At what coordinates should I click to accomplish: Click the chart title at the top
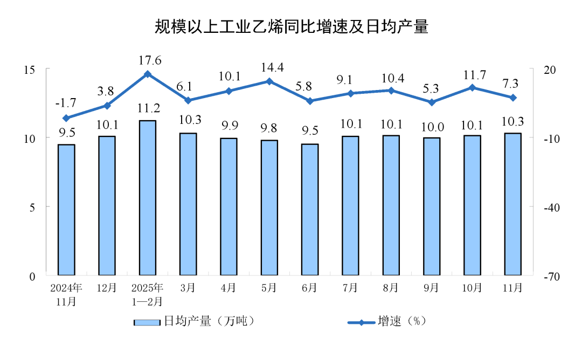(x=291, y=26)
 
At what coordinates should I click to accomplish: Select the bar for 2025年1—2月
(x=147, y=197)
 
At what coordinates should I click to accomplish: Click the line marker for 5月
(x=269, y=81)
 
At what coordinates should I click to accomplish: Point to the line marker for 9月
(x=432, y=102)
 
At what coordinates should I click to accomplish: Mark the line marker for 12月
(x=107, y=106)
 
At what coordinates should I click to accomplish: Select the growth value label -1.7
(x=66, y=102)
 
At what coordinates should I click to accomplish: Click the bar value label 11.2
(x=147, y=108)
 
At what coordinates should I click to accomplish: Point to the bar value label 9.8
(x=269, y=128)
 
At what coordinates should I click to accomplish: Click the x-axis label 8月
(x=391, y=288)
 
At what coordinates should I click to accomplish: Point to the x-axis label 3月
(x=188, y=288)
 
